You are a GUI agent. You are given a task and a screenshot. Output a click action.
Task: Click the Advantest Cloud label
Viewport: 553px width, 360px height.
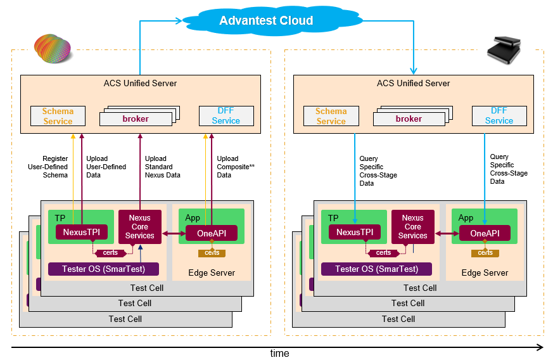point(266,21)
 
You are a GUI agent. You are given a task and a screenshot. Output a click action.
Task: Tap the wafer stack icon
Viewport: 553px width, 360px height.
point(52,49)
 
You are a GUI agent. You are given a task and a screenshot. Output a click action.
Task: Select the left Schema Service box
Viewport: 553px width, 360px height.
point(58,116)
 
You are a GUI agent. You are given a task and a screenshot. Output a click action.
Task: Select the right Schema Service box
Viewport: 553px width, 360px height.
point(331,116)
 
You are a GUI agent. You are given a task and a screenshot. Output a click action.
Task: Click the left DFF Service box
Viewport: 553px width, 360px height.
point(226,116)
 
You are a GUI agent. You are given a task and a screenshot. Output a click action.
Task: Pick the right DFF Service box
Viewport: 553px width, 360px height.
point(499,116)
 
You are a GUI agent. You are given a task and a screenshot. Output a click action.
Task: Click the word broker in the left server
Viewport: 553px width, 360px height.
point(136,119)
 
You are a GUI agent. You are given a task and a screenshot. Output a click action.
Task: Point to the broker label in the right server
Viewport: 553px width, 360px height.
point(409,119)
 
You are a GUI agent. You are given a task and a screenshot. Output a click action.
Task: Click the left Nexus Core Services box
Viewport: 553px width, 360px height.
point(140,227)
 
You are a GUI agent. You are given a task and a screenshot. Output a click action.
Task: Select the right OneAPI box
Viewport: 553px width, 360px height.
point(485,233)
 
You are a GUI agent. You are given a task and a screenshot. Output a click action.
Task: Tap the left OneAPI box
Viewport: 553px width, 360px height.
point(212,233)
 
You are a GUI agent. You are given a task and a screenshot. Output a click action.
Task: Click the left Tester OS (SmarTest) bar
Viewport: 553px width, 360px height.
point(103,269)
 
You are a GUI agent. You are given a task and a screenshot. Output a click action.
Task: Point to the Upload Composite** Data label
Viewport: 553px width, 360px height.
point(235,167)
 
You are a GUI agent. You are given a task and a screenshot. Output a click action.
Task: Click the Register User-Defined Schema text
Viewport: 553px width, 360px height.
point(55,167)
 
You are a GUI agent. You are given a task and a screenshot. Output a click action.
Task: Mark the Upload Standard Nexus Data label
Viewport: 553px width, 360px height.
point(162,167)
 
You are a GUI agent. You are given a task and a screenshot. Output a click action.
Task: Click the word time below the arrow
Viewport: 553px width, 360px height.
point(279,354)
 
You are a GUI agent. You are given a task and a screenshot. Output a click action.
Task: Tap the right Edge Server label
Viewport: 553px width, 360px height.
point(485,273)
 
